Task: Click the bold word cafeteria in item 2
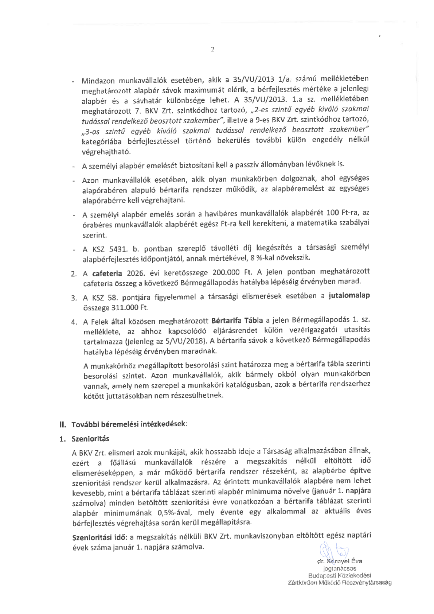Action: pos(107,273)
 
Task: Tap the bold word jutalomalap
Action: pos(349,296)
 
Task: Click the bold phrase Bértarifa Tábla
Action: pos(237,320)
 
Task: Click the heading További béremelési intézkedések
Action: pos(129,424)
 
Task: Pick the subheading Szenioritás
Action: pos(90,439)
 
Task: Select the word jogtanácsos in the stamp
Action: pos(340,568)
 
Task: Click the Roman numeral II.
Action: pos(63,424)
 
